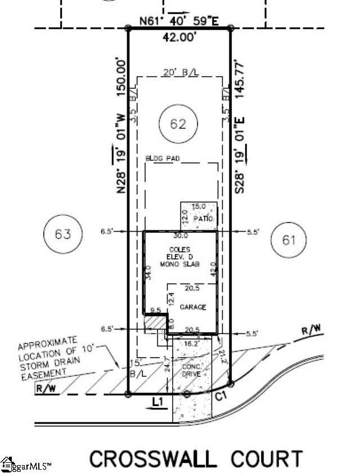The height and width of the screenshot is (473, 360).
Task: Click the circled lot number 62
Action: [178, 124]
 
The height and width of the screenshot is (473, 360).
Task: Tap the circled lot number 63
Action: [63, 233]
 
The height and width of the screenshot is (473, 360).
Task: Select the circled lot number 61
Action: [289, 241]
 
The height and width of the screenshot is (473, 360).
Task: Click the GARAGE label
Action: [193, 308]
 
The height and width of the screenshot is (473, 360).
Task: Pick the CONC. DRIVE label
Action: [192, 371]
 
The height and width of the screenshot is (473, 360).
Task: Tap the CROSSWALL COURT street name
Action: [196, 458]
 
